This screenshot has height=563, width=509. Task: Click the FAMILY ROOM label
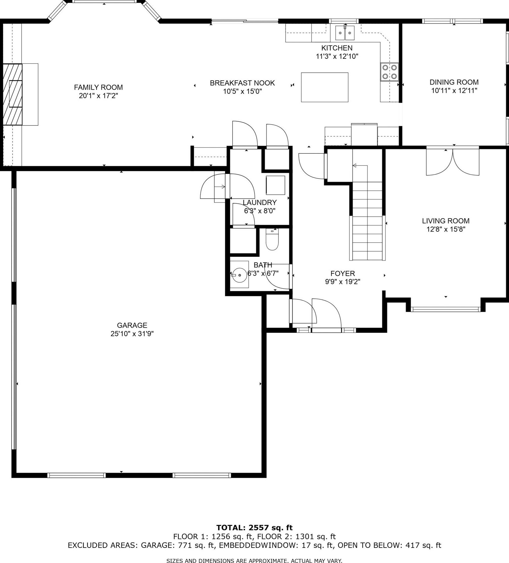click(x=98, y=87)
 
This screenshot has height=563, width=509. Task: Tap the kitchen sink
click(x=345, y=33)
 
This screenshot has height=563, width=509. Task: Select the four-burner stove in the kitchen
click(x=390, y=72)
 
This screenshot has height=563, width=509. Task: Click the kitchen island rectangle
click(x=325, y=87)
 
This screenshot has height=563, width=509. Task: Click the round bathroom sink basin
click(x=239, y=275)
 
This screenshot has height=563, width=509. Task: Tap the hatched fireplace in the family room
click(x=12, y=94)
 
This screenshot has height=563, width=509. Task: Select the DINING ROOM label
click(x=454, y=82)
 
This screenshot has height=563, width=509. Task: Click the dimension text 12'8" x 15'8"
click(x=446, y=229)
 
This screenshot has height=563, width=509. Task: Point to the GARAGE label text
click(x=132, y=325)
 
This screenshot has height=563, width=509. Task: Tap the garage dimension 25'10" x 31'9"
click(x=132, y=334)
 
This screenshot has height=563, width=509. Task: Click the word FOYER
click(x=343, y=273)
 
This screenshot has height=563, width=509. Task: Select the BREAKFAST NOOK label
click(x=242, y=83)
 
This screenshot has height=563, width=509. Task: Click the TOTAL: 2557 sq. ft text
click(x=254, y=527)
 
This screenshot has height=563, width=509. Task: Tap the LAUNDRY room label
click(x=260, y=202)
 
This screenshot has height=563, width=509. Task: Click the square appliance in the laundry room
click(x=275, y=185)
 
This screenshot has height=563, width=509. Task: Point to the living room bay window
click(x=446, y=309)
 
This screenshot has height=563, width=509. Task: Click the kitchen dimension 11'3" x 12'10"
click(x=337, y=56)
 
